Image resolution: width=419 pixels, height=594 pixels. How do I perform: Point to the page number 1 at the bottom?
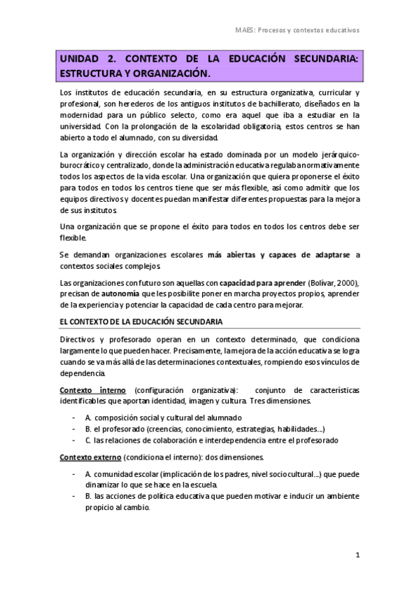point(357,555)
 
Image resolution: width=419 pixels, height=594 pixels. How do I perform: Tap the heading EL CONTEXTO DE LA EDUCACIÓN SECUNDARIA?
point(141,322)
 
